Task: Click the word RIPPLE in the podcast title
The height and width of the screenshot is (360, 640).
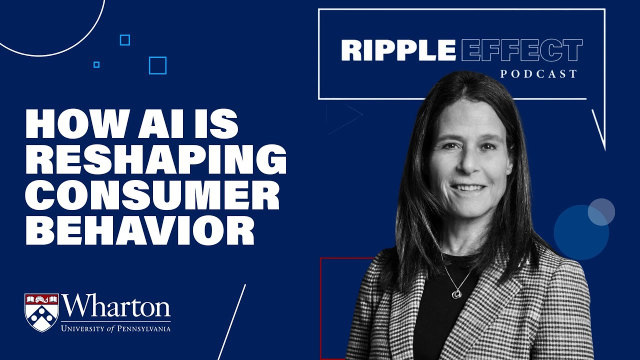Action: point(398,50)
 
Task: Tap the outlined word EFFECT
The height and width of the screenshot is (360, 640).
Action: point(521,50)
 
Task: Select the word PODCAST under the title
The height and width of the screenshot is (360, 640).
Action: point(538,74)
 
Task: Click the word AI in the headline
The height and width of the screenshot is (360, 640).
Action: point(167,125)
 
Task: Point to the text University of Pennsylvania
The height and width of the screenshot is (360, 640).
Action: point(115,328)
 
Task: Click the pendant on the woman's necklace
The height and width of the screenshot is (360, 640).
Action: point(456,294)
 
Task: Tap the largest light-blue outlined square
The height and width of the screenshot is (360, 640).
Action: point(157,65)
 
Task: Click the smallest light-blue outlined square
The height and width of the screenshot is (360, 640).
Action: point(96,64)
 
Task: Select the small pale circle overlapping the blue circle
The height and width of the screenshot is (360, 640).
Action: point(601,211)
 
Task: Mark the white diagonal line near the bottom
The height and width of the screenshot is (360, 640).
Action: point(232,322)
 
